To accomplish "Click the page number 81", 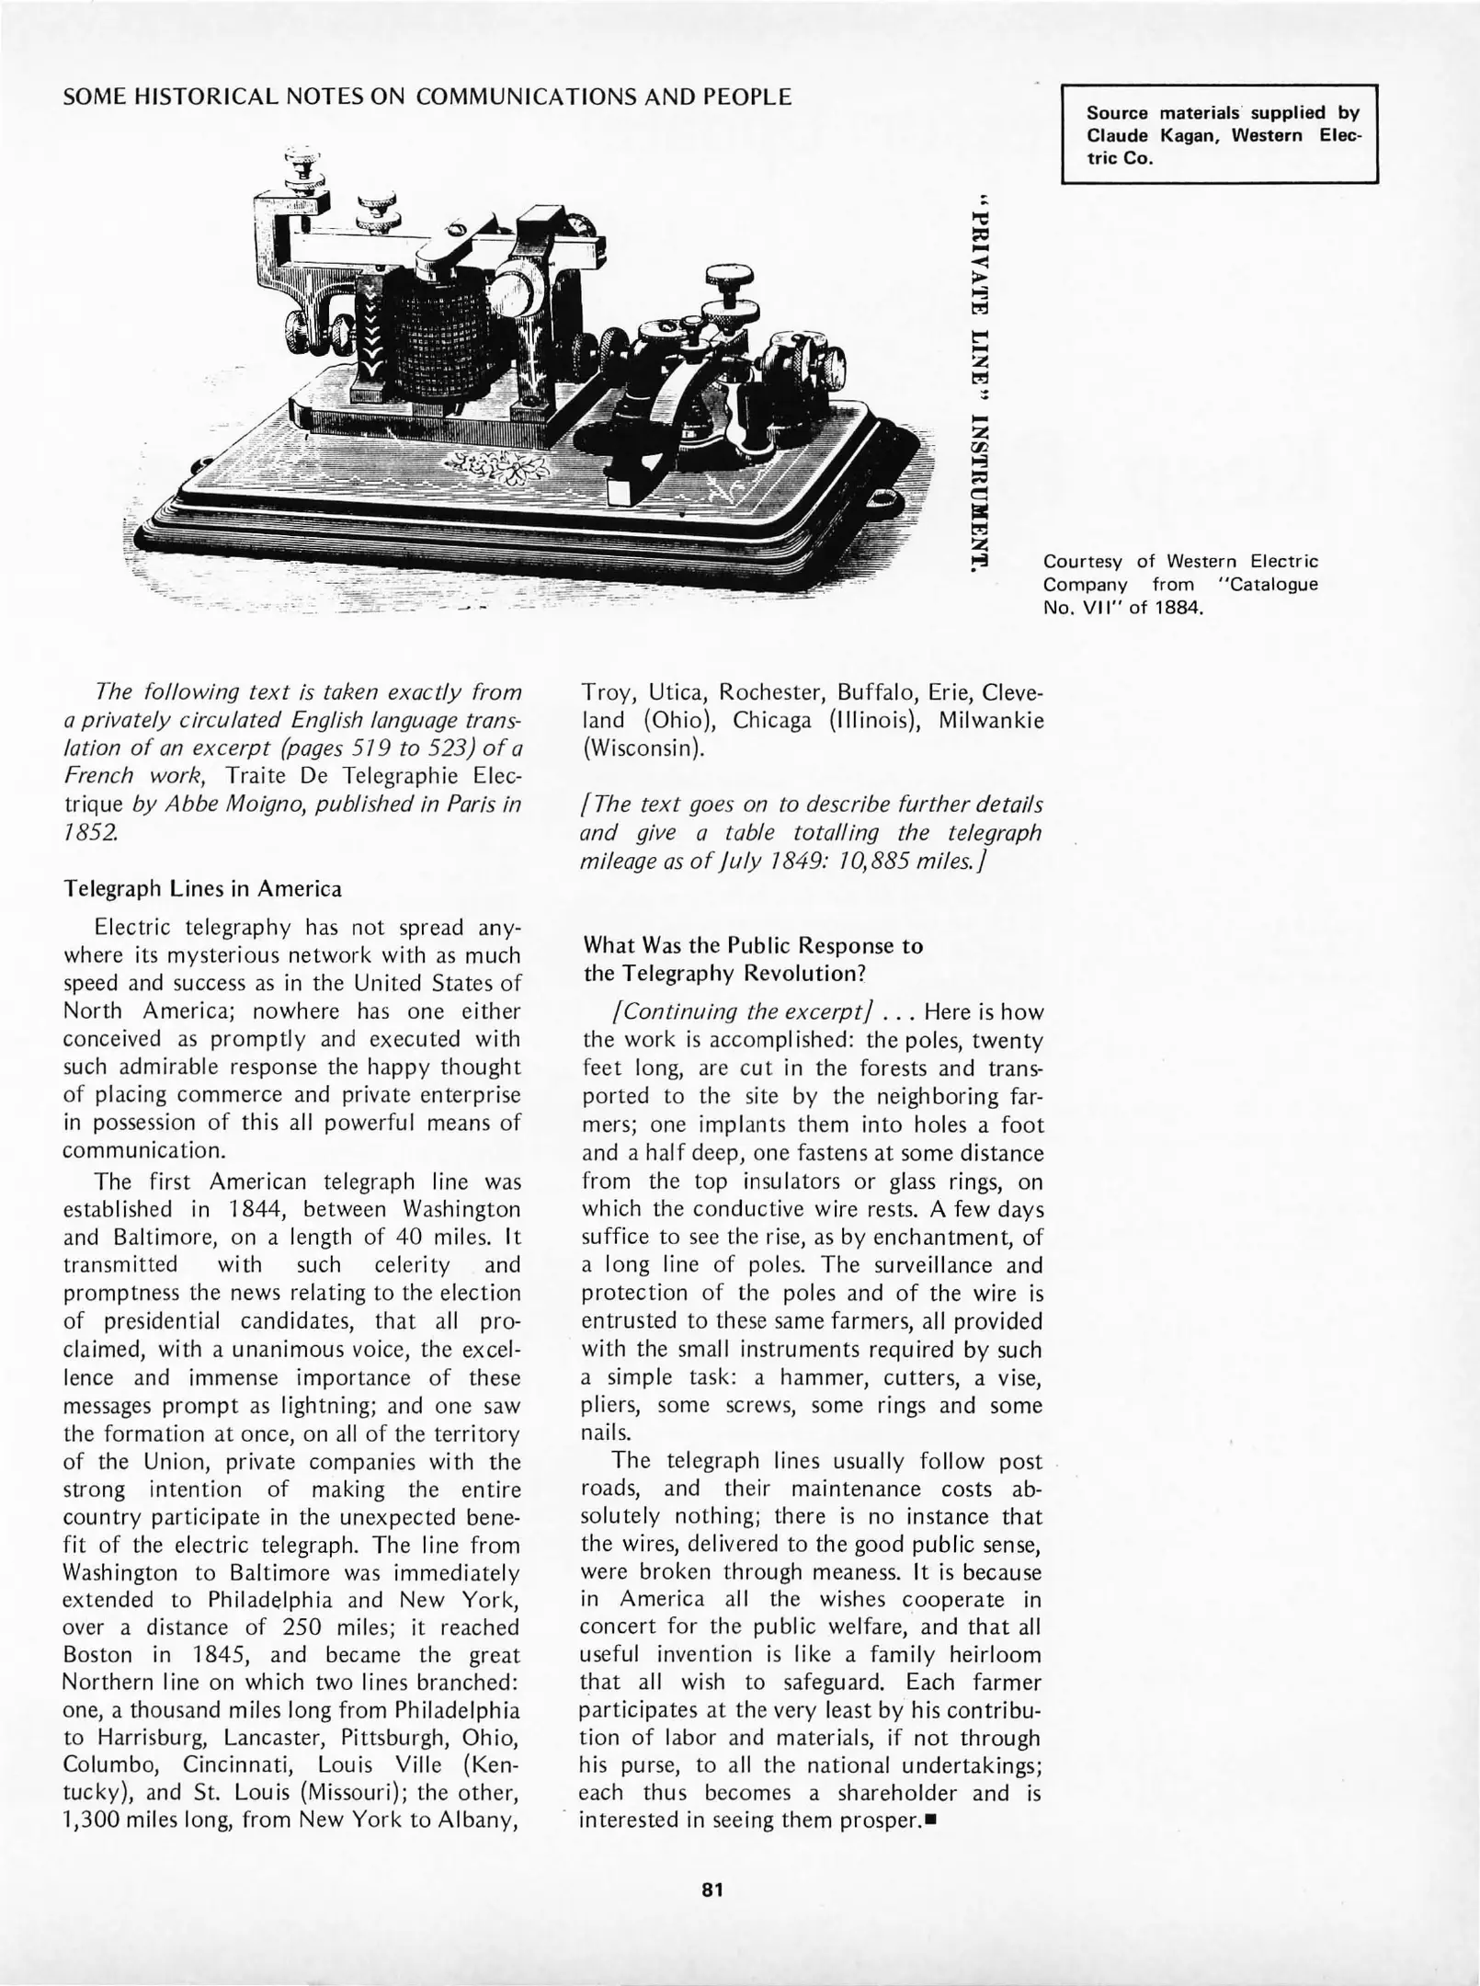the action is coord(712,1890).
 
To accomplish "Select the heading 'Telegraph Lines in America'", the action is coord(202,889).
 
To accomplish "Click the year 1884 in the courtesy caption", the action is coord(1179,608).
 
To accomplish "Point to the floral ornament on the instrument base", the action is coord(496,469).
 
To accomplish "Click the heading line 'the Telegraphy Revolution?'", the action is coord(725,973).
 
